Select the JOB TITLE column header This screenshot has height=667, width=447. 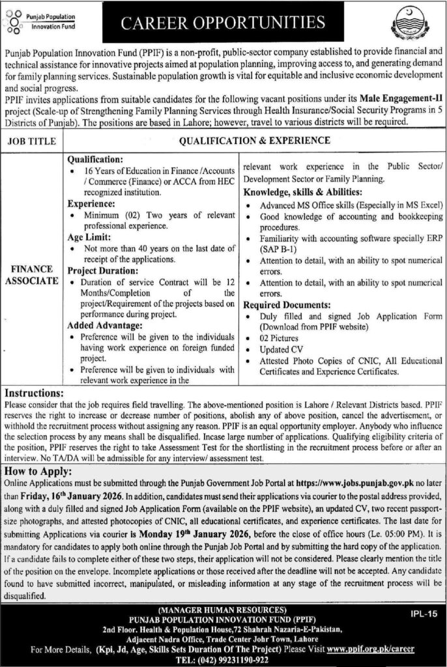(x=33, y=140)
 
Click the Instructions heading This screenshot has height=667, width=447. (x=34, y=394)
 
